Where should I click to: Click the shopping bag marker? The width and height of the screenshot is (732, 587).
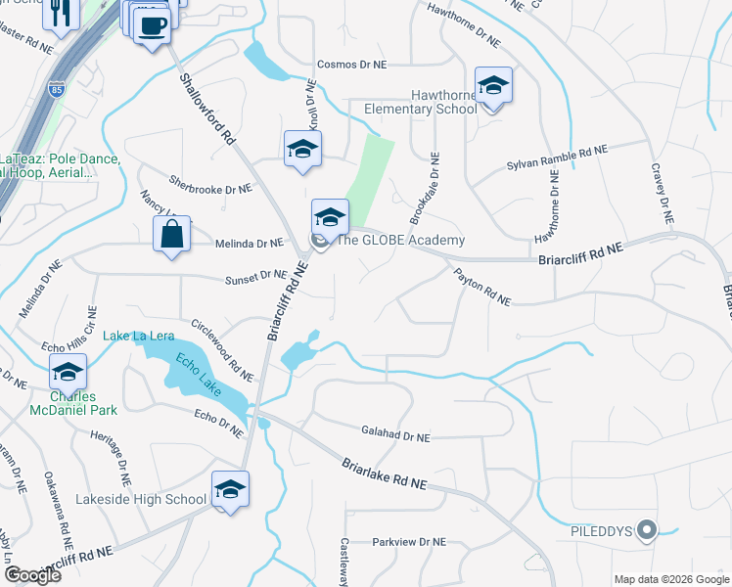[x=172, y=236]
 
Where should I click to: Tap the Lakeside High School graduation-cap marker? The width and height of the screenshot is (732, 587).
[x=230, y=490]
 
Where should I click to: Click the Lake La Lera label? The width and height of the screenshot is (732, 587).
[x=139, y=337]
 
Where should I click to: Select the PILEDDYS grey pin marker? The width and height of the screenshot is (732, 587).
[x=645, y=531]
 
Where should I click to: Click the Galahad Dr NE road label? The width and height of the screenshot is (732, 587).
[x=396, y=438]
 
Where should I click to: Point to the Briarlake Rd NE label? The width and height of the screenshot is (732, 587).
[x=385, y=474]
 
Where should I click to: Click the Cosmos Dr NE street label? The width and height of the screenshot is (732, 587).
[x=351, y=65]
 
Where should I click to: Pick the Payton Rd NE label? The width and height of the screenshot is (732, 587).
[x=481, y=289]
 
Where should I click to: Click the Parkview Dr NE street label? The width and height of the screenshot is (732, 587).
[x=409, y=541]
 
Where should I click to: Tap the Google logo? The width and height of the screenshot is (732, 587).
[x=32, y=574]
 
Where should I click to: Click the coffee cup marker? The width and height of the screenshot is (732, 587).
[x=152, y=26]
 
